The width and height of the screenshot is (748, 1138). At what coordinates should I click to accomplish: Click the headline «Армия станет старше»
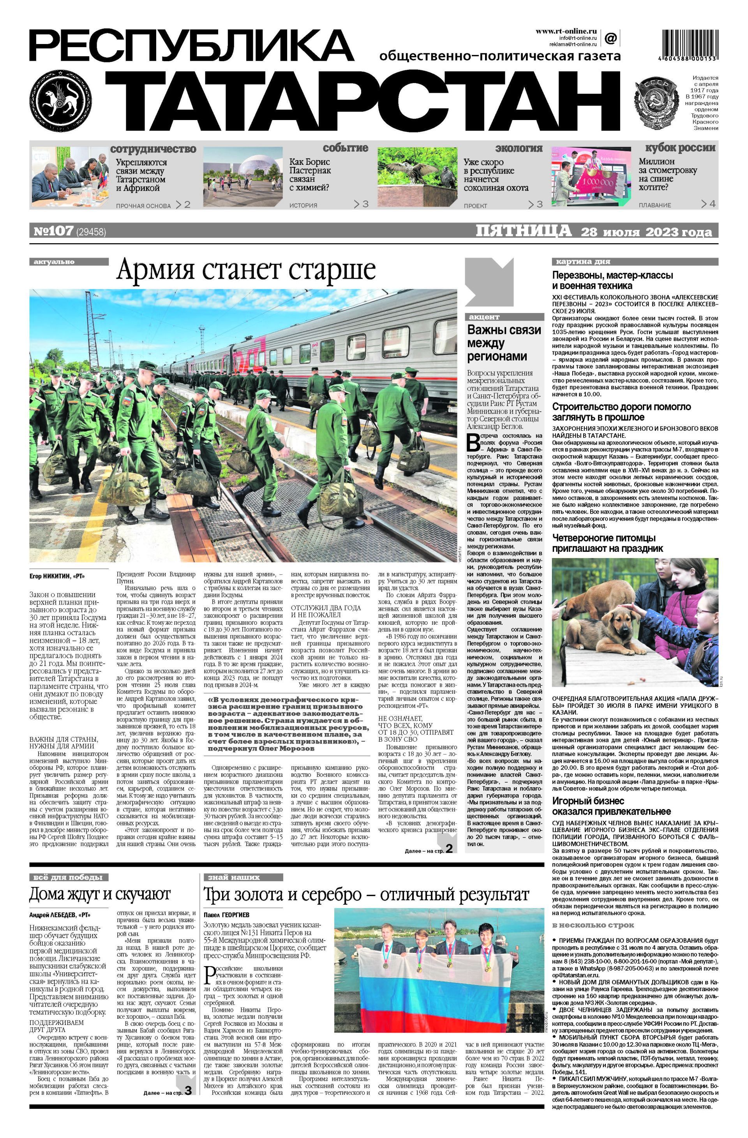(x=246, y=270)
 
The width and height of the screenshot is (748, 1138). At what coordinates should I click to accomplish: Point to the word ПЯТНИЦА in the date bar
(x=523, y=231)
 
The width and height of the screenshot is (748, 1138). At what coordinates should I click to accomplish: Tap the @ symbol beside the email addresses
(x=610, y=38)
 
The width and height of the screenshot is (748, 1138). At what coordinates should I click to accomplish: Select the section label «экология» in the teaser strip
(x=519, y=148)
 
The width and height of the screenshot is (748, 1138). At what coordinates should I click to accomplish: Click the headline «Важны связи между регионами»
(x=504, y=343)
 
